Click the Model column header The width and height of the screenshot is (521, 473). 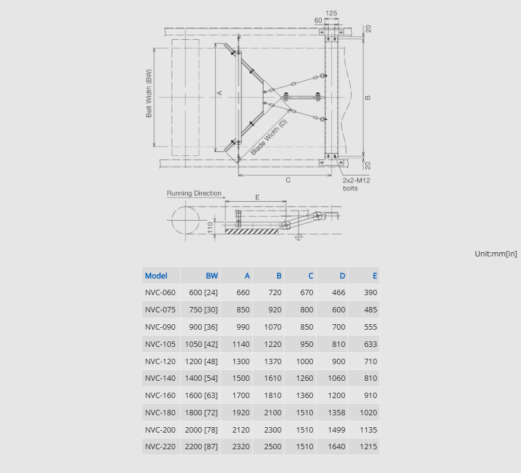point(156,275)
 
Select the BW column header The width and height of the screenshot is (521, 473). point(212,275)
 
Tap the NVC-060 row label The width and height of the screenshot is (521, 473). point(160,293)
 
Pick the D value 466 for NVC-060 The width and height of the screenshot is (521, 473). point(338,293)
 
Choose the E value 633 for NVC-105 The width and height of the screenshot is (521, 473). point(371,344)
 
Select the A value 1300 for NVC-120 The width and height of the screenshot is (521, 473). point(241,362)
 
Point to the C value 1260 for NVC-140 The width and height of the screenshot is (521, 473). point(305,378)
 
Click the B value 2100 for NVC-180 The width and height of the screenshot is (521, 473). point(273,413)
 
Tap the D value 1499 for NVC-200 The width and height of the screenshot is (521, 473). point(337,430)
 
